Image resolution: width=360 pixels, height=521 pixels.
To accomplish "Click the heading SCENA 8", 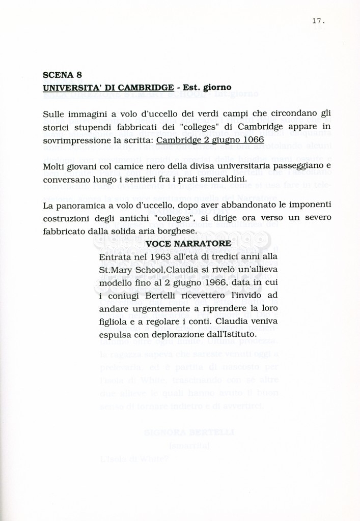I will (x=63, y=75).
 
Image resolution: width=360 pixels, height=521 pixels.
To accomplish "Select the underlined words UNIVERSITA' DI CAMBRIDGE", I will (x=108, y=88).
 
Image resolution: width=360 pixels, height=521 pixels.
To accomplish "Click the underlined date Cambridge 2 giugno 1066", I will (x=210, y=139).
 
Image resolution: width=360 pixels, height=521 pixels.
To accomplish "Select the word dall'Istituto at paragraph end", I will (x=230, y=335).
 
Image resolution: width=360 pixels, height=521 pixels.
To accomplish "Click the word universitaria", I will (x=267, y=166).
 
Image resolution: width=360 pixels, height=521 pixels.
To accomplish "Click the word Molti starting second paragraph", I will (x=54, y=166).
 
